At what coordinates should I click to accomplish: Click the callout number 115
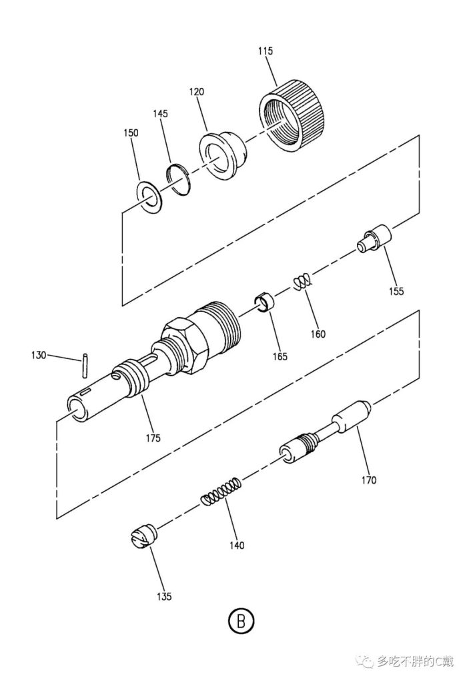pos(265,51)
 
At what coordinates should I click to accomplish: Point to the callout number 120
pos(196,92)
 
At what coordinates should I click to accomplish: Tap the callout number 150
pos(131,133)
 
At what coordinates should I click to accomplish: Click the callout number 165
pos(280,356)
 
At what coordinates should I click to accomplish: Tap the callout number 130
pos(38,355)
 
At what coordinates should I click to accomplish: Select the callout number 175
pos(153,438)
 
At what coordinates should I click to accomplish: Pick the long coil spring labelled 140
pos(221,492)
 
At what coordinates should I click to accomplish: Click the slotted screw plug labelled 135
pos(143,537)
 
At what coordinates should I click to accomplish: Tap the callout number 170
pos(368,480)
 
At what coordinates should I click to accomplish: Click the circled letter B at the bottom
pos(241,620)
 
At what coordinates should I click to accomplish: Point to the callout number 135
pos(164,596)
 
